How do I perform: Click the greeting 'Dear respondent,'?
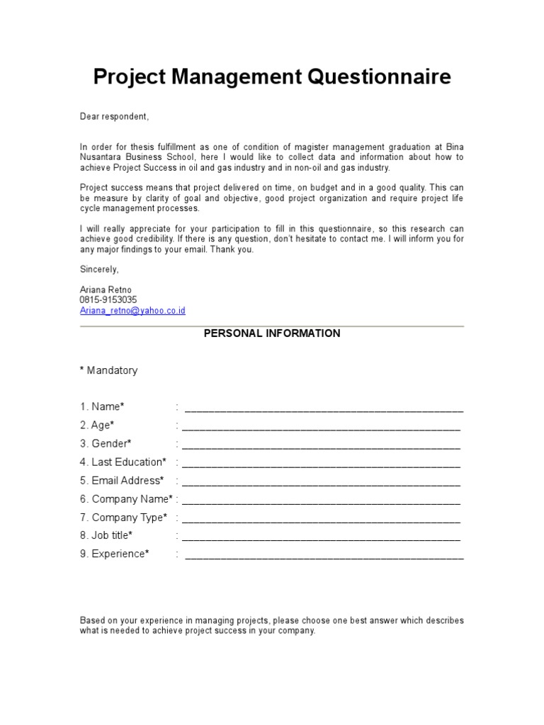click(x=114, y=116)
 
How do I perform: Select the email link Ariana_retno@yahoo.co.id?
click(x=132, y=310)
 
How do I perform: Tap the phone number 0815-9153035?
click(x=108, y=300)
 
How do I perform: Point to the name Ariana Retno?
click(x=106, y=290)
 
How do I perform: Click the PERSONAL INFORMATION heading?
click(x=272, y=333)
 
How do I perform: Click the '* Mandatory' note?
click(x=108, y=370)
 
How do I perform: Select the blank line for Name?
click(x=324, y=408)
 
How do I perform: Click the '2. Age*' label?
click(x=97, y=426)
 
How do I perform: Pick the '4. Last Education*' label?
click(x=123, y=462)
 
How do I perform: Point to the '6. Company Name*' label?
click(x=126, y=499)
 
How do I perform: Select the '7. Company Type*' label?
click(x=124, y=518)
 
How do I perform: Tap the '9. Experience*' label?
click(x=115, y=554)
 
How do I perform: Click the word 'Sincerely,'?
click(x=100, y=270)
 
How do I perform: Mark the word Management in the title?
click(x=237, y=77)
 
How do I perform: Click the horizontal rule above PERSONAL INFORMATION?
click(x=272, y=326)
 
